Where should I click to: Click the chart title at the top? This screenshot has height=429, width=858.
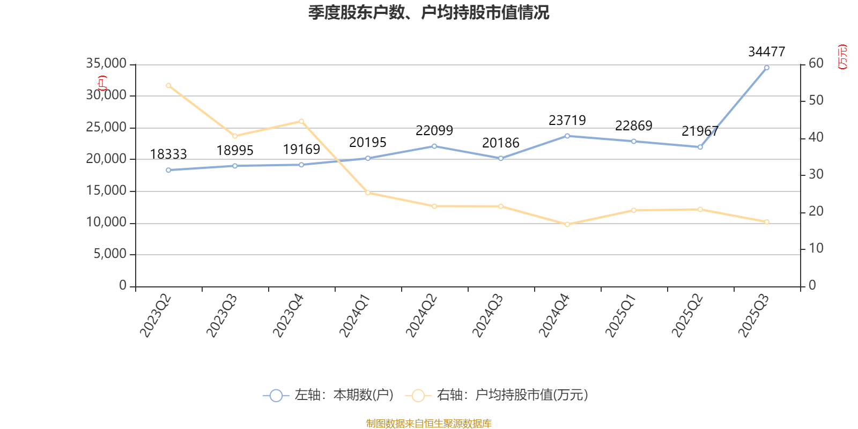click(428, 13)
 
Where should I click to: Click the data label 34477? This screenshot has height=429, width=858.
click(766, 52)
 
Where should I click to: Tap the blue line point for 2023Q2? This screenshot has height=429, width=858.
click(168, 170)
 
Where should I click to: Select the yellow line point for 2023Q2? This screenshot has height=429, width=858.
click(168, 85)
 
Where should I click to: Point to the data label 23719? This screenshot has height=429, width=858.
click(567, 121)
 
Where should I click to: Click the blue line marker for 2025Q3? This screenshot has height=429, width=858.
click(766, 68)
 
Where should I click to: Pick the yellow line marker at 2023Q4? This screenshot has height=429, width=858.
click(301, 121)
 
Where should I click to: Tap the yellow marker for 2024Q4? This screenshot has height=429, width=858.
click(567, 224)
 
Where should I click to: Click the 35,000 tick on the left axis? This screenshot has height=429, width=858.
click(106, 64)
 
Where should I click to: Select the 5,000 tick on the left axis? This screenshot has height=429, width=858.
click(110, 254)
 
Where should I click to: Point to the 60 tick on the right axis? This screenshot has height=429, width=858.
click(816, 64)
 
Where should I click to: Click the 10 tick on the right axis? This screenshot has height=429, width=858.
click(816, 248)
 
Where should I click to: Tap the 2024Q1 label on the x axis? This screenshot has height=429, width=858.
click(355, 315)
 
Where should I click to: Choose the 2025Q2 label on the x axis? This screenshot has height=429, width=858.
click(687, 315)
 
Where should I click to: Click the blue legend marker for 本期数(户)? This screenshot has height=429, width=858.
click(276, 396)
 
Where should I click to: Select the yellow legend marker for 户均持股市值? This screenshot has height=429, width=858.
click(418, 396)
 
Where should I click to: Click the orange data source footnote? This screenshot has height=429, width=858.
click(428, 424)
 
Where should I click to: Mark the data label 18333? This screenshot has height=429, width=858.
click(168, 154)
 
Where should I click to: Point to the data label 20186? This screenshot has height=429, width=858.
click(500, 143)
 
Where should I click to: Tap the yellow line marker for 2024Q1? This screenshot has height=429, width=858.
click(368, 193)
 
